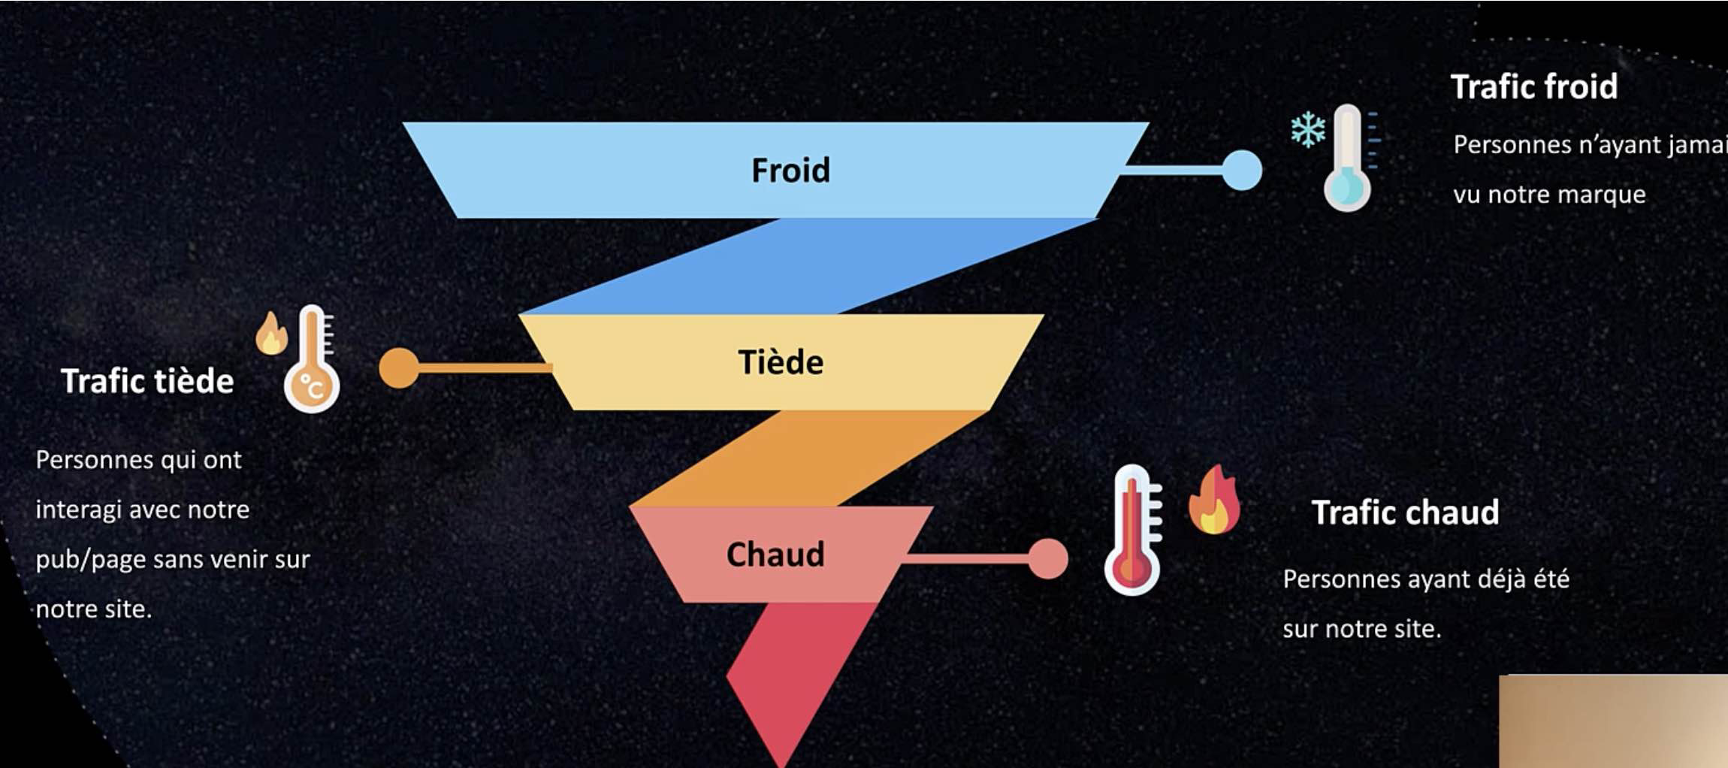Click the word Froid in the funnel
(790, 171)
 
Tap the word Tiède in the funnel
(781, 362)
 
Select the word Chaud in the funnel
(775, 555)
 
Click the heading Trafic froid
(1533, 86)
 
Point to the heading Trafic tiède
(147, 381)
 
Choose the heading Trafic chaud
(1405, 513)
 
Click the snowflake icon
(1308, 129)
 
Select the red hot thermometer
(1133, 531)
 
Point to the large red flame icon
(1214, 500)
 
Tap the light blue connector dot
(1242, 171)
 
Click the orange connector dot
(399, 367)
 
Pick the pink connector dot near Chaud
(1047, 558)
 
